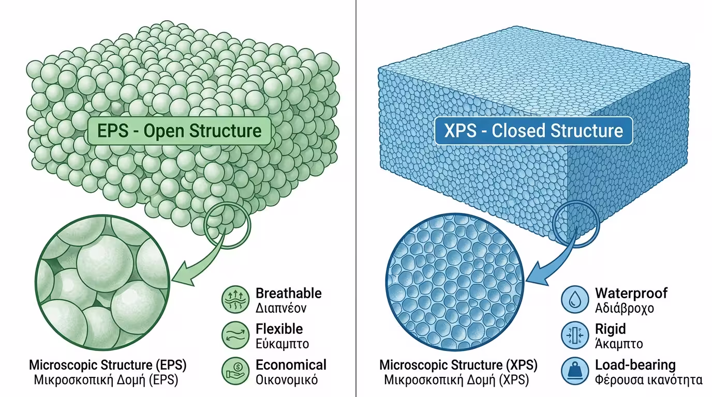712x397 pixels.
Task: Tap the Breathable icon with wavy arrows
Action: (x=235, y=300)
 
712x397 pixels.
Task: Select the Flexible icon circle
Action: (x=235, y=335)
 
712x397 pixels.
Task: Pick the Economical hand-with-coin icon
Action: (x=235, y=371)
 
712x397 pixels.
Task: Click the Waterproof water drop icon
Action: (x=575, y=300)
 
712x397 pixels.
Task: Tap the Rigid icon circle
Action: (x=575, y=335)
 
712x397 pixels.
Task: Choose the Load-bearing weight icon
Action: (x=575, y=371)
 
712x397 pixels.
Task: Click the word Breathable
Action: (x=288, y=294)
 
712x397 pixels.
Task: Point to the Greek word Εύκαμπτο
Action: (x=282, y=343)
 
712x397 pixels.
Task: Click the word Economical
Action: (x=291, y=365)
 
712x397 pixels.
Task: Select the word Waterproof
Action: (x=631, y=294)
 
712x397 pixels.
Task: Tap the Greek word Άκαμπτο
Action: (x=619, y=343)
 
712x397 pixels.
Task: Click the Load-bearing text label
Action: (x=635, y=365)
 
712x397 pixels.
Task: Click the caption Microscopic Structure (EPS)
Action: (x=108, y=365)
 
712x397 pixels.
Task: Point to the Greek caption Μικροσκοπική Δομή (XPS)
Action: (x=456, y=380)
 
